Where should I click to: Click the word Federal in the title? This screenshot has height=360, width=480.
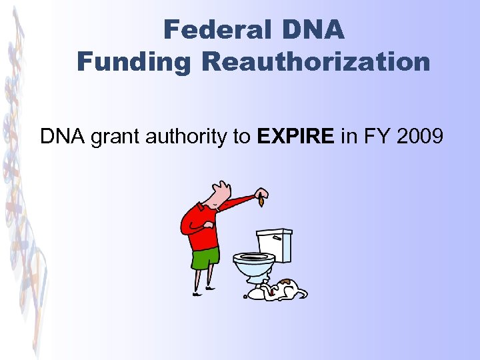207,30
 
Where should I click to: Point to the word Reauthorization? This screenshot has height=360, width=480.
316,62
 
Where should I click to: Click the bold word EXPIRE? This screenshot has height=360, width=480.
295,137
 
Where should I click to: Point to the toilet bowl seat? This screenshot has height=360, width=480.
253,257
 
